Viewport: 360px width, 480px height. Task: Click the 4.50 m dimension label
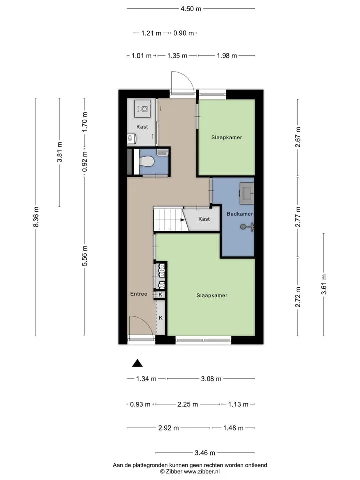point(191,9)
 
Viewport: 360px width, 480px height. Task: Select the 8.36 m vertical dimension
point(36,217)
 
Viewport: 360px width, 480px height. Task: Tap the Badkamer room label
point(240,214)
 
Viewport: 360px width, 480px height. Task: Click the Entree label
point(139,294)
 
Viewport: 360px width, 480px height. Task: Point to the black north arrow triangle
point(137,363)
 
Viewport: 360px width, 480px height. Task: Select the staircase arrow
point(183,220)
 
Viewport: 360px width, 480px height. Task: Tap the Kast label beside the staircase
point(204,219)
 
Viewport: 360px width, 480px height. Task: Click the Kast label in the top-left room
point(142,126)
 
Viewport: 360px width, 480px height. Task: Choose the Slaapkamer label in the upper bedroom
point(227,137)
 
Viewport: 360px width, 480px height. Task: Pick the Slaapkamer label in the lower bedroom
point(212,295)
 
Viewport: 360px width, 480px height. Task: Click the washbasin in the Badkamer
point(246,194)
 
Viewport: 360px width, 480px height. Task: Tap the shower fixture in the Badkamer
point(247,227)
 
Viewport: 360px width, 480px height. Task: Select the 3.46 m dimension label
point(205,453)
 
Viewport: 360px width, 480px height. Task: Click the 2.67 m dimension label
point(298,137)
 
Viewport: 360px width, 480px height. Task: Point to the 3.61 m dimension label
point(324,284)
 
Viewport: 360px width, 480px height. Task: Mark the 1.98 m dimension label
point(227,55)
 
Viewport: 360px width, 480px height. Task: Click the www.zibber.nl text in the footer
point(201,471)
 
